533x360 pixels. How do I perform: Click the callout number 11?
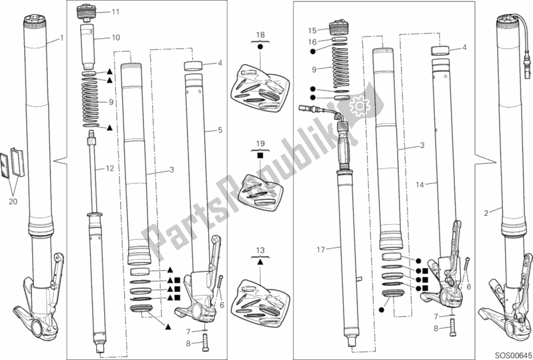pyautogui.click(x=115, y=12)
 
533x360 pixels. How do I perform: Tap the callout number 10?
pyautogui.click(x=116, y=37)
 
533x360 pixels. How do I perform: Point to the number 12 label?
pyautogui.click(x=109, y=168)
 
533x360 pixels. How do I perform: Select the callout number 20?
pyautogui.click(x=13, y=202)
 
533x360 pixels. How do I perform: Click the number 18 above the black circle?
pyautogui.click(x=260, y=35)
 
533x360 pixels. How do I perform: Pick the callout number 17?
pyautogui.click(x=321, y=249)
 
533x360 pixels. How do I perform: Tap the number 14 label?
pyautogui.click(x=420, y=185)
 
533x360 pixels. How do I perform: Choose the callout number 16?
pyautogui.click(x=312, y=42)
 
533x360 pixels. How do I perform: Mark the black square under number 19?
pyautogui.click(x=260, y=155)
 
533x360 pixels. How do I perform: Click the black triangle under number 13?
pyautogui.click(x=260, y=262)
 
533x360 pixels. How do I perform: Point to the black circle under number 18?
pyautogui.click(x=260, y=47)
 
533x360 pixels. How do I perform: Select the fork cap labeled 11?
pyautogui.click(x=85, y=11)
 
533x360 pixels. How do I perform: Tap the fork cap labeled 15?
pyautogui.click(x=339, y=28)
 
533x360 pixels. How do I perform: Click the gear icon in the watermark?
pyautogui.click(x=360, y=105)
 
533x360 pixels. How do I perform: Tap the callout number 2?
pyautogui.click(x=486, y=213)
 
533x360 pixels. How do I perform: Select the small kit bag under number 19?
pyautogui.click(x=260, y=192)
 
